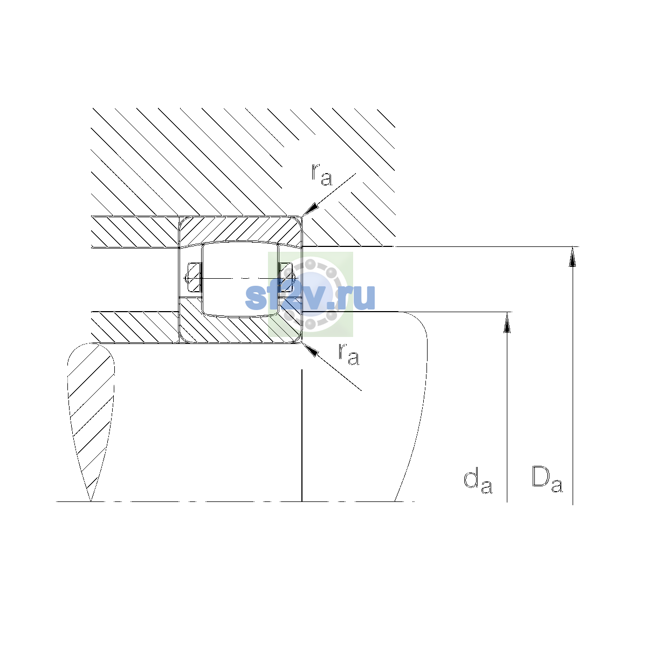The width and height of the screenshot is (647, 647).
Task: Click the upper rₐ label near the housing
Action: (x=322, y=175)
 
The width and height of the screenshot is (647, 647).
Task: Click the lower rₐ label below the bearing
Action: (x=348, y=354)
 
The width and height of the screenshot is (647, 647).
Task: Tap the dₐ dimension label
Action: (x=478, y=482)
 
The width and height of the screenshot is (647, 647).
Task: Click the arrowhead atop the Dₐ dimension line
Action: (x=573, y=257)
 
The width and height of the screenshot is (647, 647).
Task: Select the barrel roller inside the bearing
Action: (x=240, y=279)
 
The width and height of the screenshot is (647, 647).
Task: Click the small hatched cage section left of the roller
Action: (x=194, y=277)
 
